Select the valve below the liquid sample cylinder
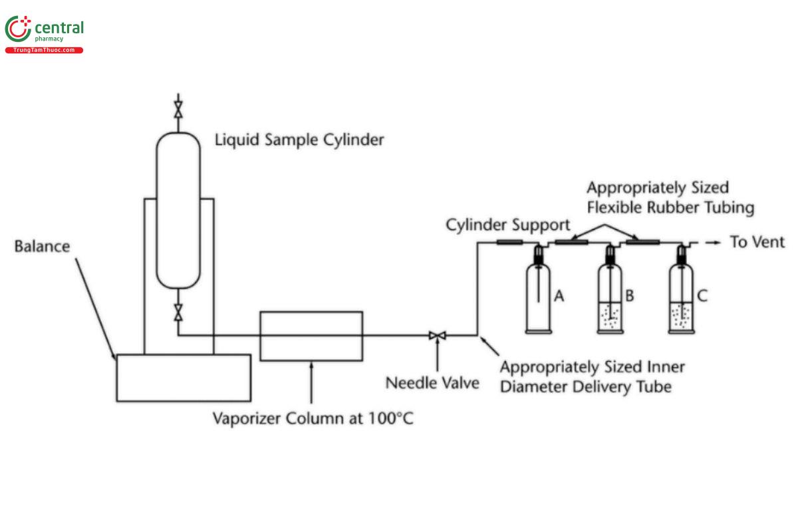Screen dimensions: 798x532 [178, 311]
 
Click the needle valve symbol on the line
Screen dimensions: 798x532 [437, 335]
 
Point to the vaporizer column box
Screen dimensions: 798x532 [311, 336]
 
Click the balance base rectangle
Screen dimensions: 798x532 [184, 378]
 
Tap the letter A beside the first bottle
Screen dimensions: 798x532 [559, 296]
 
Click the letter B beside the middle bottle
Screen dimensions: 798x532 [629, 296]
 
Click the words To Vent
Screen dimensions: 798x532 [757, 242]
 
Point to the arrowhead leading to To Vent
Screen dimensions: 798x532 [717, 243]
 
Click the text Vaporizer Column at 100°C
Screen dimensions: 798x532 [313, 419]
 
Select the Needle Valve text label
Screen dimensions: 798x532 [432, 383]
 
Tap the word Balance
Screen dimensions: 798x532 [42, 246]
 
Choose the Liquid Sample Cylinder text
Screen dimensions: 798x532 [299, 140]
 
